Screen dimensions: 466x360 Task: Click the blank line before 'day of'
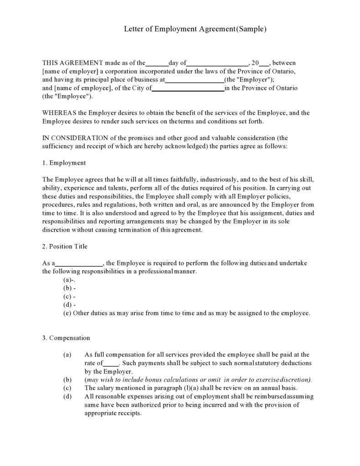coord(157,64)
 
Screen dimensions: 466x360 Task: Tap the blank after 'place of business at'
coord(194,80)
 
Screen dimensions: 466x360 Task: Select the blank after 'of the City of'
coord(187,88)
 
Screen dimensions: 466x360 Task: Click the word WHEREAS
coord(59,113)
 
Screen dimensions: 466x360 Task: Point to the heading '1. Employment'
coord(64,163)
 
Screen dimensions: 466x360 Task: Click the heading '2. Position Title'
coord(65,247)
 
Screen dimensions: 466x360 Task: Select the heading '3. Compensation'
coord(66,338)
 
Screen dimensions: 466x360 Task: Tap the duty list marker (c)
coord(68,296)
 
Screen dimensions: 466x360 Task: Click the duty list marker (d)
coord(68,305)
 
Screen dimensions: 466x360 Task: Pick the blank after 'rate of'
coord(111,363)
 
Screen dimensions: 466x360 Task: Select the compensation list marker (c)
coord(67,388)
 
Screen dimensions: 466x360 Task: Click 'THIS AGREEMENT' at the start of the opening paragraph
coord(72,63)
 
